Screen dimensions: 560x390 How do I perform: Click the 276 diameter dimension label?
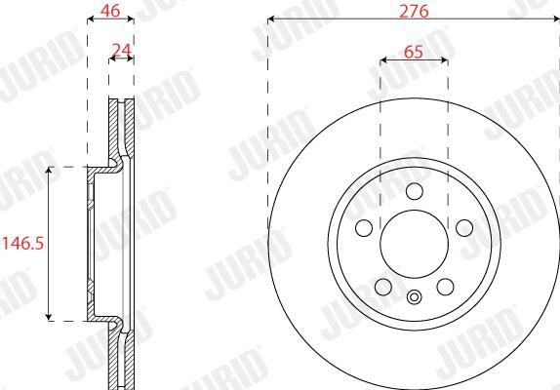(414, 11)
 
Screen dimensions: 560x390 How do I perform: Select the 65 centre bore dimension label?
(414, 52)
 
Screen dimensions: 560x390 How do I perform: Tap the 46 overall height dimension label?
(110, 11)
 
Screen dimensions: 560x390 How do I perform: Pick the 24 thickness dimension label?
(121, 51)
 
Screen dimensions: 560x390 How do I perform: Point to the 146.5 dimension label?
(22, 244)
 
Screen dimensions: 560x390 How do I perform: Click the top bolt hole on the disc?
(415, 191)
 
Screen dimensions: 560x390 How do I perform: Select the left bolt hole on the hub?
(364, 228)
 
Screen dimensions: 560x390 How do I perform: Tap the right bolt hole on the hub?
(464, 228)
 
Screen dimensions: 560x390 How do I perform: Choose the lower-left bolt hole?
(383, 287)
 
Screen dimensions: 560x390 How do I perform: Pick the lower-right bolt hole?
(445, 287)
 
